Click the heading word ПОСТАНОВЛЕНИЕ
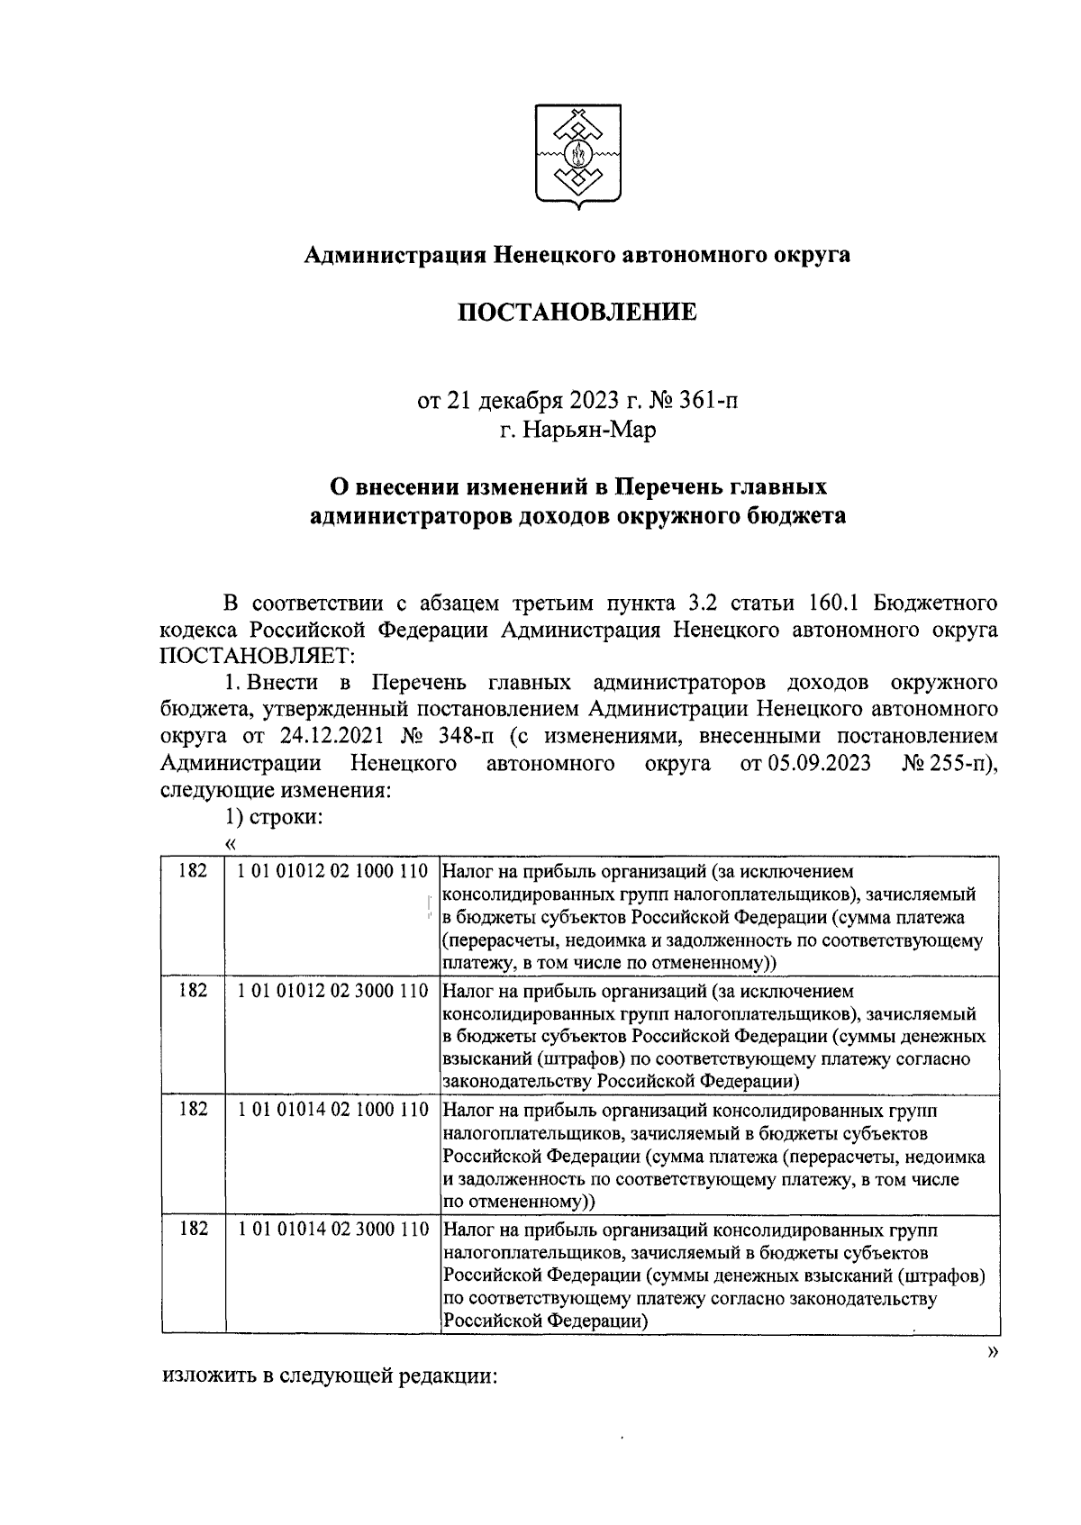(579, 313)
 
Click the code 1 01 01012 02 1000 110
(333, 872)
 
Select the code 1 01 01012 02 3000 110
(333, 991)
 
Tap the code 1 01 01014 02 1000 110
(333, 1110)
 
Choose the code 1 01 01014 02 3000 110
(333, 1229)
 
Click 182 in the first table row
(194, 872)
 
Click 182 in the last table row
(194, 1229)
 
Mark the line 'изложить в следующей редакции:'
(330, 1377)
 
